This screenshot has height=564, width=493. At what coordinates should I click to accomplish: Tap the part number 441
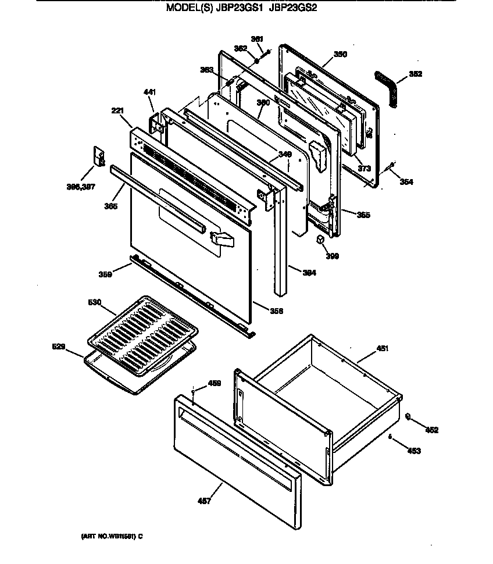pyautogui.click(x=150, y=92)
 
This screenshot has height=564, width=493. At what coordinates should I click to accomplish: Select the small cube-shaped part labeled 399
pyautogui.click(x=321, y=240)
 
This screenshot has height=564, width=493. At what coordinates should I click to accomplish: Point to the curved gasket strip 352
pyautogui.click(x=386, y=88)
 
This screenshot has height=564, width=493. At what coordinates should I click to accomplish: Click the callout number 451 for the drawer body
pyautogui.click(x=382, y=348)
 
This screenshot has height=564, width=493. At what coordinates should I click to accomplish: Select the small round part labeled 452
pyautogui.click(x=408, y=417)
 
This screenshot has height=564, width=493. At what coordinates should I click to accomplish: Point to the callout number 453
pyautogui.click(x=414, y=450)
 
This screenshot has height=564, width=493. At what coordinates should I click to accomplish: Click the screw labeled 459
pyautogui.click(x=193, y=393)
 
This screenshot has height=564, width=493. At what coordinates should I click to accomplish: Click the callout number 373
pyautogui.click(x=364, y=168)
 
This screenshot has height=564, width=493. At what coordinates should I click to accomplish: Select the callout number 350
pyautogui.click(x=340, y=54)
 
